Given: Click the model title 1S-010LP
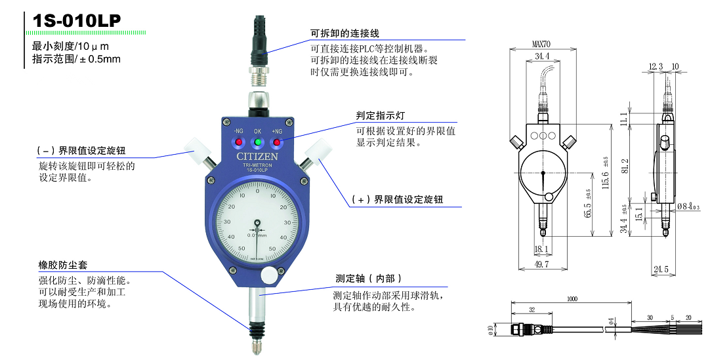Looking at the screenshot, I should click(x=77, y=20).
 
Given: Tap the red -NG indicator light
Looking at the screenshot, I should click(x=238, y=142).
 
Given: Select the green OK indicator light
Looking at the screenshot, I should click(x=258, y=142).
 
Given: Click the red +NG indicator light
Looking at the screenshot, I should click(x=277, y=142).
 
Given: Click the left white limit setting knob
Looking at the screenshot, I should click(x=196, y=150).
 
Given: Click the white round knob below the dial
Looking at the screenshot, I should click(x=269, y=277).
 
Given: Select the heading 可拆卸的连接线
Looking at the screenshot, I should click(x=345, y=33).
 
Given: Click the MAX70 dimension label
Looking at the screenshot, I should click(x=542, y=45).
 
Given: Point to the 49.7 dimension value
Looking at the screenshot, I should click(x=542, y=264).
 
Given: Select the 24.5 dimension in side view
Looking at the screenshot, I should click(x=661, y=269).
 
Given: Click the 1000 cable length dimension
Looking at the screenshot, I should click(x=572, y=299).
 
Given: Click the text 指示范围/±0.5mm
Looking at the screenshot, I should click(x=77, y=59).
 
